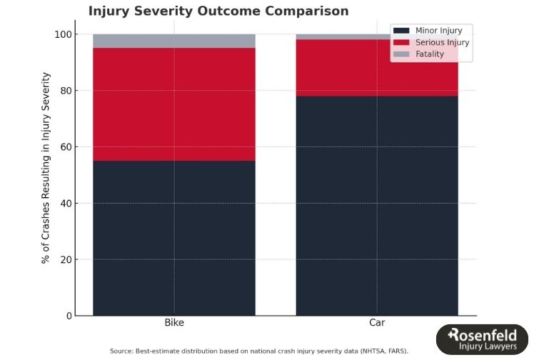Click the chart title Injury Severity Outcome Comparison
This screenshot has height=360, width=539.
click(x=218, y=11)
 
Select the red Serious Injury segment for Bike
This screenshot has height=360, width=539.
click(x=174, y=104)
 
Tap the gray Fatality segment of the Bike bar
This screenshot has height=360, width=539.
click(x=174, y=41)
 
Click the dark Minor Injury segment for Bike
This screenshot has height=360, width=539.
click(x=174, y=238)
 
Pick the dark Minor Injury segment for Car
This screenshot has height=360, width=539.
click(x=377, y=206)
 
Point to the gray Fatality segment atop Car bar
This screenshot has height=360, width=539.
click(x=343, y=36)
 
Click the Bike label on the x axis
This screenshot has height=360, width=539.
click(x=174, y=323)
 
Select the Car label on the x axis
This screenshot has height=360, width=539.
click(x=377, y=323)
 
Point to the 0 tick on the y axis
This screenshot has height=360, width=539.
click(x=69, y=316)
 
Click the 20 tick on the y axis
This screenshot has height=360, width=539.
click(x=66, y=259)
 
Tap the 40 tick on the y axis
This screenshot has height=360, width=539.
click(x=66, y=204)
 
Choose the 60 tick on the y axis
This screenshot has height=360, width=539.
click(x=66, y=147)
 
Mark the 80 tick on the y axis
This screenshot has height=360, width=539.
click(x=66, y=91)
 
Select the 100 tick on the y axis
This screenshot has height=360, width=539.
click(x=64, y=34)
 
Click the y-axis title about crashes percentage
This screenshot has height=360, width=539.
click(x=46, y=168)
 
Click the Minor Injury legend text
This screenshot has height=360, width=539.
click(x=438, y=31)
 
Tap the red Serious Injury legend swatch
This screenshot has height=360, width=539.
click(x=401, y=42)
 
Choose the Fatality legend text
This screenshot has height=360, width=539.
click(x=430, y=54)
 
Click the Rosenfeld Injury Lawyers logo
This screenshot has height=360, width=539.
click(x=482, y=339)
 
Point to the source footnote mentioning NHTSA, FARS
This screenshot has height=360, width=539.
click(x=259, y=351)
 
